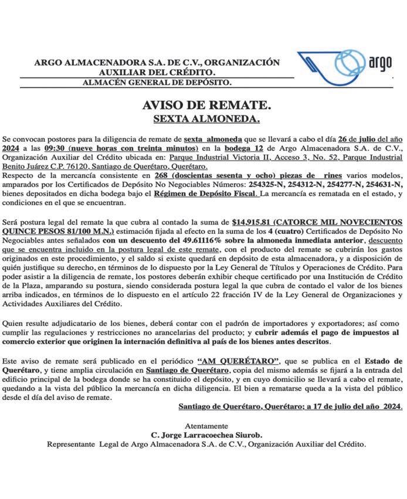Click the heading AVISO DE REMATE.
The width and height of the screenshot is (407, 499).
(x=206, y=106)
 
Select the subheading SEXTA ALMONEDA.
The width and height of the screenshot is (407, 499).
(x=206, y=119)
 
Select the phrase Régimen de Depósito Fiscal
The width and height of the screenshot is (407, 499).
(x=205, y=192)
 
